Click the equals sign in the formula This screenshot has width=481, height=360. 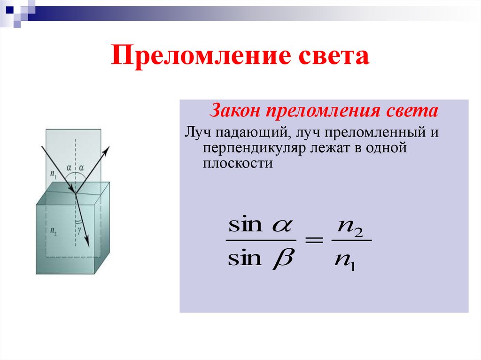tap(314, 241)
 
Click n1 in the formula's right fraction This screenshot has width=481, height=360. tap(346, 260)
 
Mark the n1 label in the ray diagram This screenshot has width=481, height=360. tap(53, 173)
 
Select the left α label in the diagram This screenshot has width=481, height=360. tap(69, 166)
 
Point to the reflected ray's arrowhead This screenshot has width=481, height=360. tap(107, 150)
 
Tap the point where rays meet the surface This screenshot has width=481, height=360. tap(75, 192)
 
